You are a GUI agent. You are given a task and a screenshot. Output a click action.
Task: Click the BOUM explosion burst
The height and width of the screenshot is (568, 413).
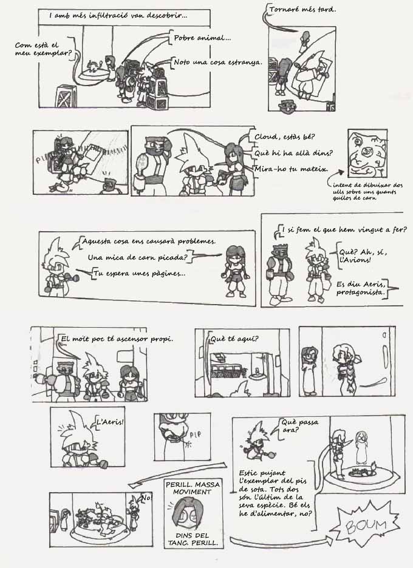click(x=367, y=524)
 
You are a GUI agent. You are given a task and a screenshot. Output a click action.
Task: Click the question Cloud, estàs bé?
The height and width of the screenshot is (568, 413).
click(x=285, y=137)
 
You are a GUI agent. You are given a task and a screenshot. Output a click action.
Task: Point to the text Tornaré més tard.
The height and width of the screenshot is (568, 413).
click(x=303, y=10)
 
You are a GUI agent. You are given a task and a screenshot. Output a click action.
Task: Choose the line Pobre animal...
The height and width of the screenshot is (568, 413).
click(x=202, y=38)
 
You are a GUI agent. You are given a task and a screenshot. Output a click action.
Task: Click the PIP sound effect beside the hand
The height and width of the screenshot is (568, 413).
click(x=195, y=434)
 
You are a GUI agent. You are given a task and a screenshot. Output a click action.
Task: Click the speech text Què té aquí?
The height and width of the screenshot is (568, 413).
click(x=234, y=339)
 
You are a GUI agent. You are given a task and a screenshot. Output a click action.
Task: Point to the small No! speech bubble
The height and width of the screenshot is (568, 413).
click(x=146, y=498)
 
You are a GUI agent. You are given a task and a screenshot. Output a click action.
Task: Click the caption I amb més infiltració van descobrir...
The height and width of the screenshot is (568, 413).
click(x=118, y=16)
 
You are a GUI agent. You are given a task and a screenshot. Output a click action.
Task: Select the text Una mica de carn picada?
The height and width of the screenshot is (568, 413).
click(x=137, y=257)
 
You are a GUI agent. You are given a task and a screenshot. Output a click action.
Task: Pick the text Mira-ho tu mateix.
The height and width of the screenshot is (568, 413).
click(x=291, y=169)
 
